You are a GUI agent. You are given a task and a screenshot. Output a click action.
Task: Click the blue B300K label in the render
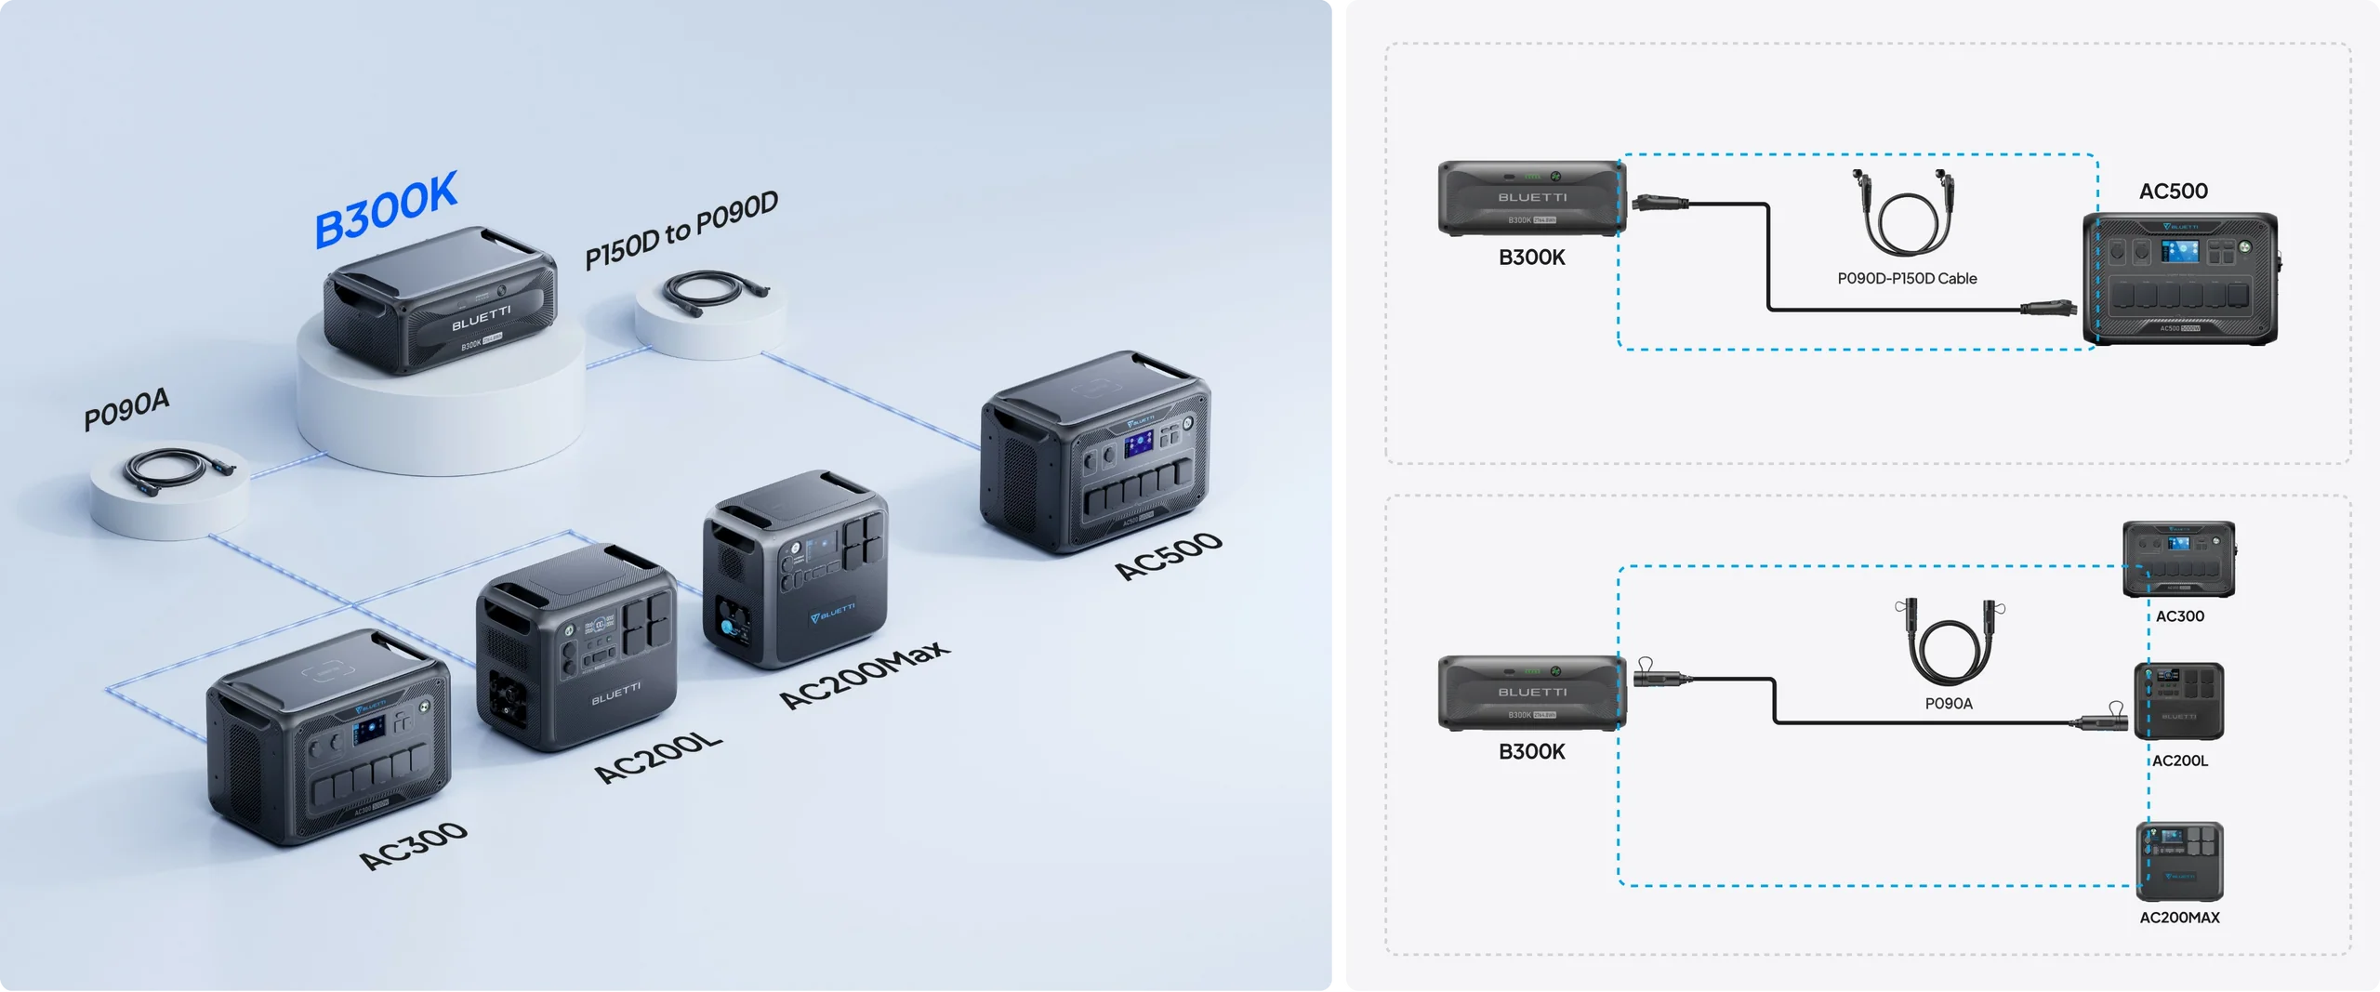[386, 210]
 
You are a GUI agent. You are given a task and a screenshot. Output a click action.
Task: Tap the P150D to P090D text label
[681, 229]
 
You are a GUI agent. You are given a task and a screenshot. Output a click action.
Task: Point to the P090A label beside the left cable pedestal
[126, 408]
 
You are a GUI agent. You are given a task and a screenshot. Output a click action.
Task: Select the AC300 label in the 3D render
[414, 845]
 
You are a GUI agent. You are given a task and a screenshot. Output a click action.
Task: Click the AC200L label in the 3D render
[657, 758]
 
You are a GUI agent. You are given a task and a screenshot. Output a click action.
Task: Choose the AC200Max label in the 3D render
[864, 674]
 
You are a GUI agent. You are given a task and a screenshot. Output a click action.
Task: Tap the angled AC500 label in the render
[1169, 555]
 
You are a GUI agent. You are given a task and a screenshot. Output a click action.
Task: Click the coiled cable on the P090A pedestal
[177, 468]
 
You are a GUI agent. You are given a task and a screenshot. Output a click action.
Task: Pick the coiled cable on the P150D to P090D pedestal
[712, 290]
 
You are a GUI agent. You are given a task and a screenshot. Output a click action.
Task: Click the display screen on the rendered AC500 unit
[1138, 444]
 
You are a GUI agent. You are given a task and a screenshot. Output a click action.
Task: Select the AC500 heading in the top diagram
[2173, 192]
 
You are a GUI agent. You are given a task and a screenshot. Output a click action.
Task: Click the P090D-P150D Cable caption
[1907, 279]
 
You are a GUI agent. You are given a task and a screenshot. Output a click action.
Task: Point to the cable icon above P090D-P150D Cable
[1903, 213]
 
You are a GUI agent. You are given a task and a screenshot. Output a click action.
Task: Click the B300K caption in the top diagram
[1531, 258]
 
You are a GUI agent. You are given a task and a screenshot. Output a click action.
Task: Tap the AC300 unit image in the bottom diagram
[2178, 560]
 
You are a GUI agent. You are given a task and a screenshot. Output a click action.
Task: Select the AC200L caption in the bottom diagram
[2180, 761]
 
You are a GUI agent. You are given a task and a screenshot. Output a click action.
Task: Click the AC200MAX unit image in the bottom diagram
[2179, 861]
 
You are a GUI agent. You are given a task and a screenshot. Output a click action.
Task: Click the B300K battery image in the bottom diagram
[1531, 693]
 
